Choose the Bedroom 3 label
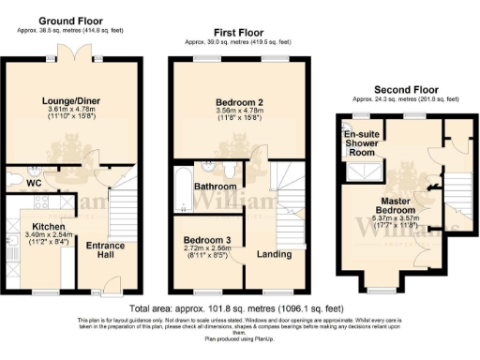208,241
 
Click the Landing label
273,253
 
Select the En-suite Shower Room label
362,144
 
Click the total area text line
239,307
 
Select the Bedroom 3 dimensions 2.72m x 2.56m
208,251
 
